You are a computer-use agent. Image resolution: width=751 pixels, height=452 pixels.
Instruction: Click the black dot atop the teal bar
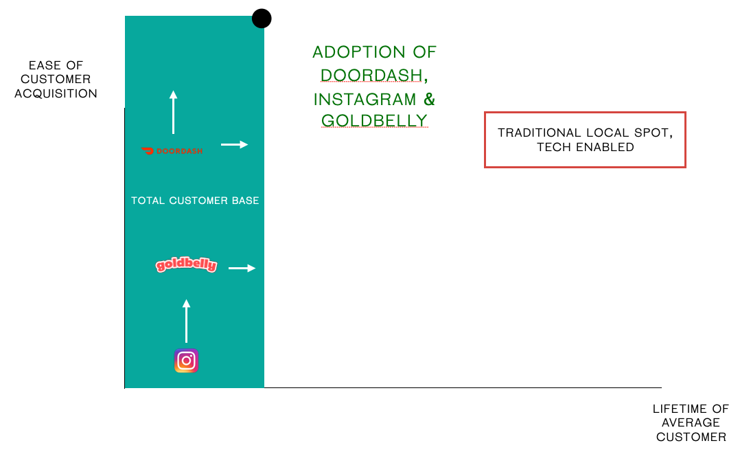pos(262,19)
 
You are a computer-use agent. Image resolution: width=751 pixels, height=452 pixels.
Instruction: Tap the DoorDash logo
pos(172,151)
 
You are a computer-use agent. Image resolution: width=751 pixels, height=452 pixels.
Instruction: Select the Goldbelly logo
pos(186,264)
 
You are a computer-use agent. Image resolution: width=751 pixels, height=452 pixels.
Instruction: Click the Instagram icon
pos(186,361)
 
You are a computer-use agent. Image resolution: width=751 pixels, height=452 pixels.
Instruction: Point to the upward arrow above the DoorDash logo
pos(174,112)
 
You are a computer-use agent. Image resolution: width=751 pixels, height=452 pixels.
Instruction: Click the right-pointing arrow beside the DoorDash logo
pos(235,144)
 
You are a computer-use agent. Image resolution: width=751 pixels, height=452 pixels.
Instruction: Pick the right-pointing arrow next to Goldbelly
pos(242,269)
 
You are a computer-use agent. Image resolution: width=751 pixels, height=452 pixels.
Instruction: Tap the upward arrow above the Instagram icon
pos(186,321)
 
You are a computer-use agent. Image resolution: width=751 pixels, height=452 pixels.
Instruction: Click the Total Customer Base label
pos(195,201)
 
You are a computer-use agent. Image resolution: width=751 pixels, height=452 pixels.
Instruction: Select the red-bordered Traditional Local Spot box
pos(585,140)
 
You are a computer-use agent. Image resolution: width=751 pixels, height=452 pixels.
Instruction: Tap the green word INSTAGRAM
pos(365,100)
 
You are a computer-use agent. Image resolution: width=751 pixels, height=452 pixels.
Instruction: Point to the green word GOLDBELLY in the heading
pos(374,120)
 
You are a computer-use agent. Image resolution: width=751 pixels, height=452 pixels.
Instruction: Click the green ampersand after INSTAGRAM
pos(430,99)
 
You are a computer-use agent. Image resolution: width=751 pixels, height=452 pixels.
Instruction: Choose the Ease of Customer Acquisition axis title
pos(56,79)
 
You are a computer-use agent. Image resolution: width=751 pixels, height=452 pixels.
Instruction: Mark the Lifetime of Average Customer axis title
pos(691,422)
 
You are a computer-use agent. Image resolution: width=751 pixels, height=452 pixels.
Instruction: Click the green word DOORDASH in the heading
pos(371,76)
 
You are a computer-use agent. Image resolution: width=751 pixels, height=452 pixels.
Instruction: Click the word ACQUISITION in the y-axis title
pos(56,93)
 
